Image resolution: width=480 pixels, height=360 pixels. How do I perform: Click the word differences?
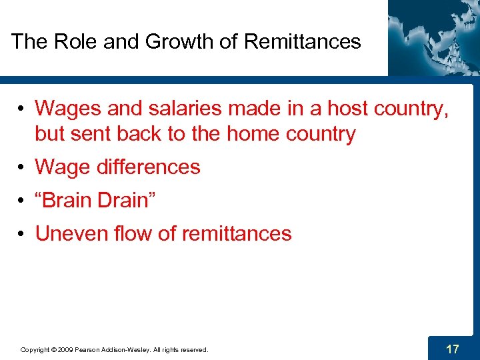pos(149,167)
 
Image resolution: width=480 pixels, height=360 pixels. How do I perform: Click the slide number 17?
pos(452,348)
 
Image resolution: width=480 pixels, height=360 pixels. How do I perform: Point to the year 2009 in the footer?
pos(65,349)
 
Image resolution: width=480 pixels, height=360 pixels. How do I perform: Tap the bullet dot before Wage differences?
pos(22,167)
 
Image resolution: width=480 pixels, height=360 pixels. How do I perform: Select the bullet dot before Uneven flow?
pos(22,234)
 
